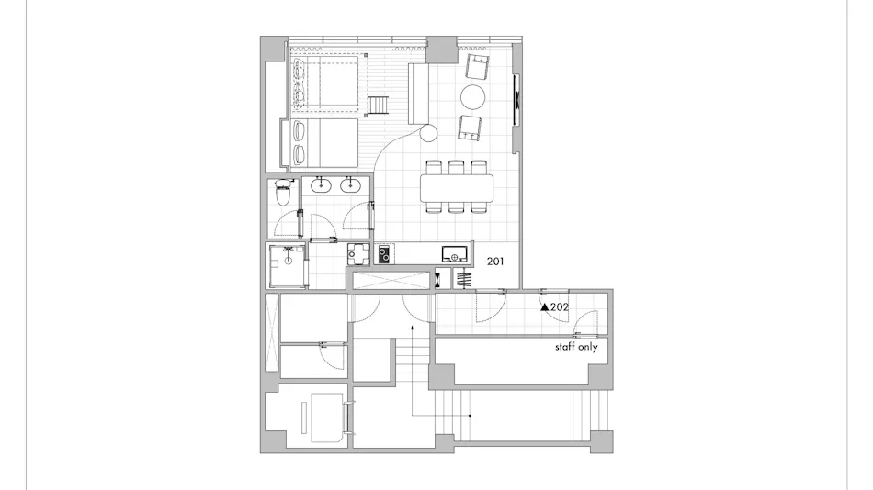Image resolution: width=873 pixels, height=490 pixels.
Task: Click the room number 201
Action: click(495, 261)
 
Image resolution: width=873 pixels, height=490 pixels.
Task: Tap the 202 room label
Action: click(560, 307)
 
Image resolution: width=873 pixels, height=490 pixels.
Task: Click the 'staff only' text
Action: click(576, 347)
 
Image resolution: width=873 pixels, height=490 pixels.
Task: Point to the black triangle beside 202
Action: click(545, 307)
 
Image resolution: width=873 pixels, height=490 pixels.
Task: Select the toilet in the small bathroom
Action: click(283, 192)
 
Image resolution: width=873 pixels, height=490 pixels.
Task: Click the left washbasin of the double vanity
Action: click(322, 184)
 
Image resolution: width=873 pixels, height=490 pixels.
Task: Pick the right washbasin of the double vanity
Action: click(350, 184)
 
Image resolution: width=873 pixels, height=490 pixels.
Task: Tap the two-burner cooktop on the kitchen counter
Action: click(384, 255)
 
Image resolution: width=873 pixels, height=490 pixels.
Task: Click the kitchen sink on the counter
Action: click(455, 255)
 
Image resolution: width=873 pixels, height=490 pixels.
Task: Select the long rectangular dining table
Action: click(457, 188)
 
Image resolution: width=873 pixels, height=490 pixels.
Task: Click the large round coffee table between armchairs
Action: click(472, 97)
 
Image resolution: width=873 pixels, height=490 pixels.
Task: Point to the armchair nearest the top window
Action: click(477, 67)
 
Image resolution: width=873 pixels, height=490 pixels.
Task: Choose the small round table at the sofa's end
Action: click(428, 133)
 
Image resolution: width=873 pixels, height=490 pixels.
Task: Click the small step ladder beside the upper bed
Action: click(377, 106)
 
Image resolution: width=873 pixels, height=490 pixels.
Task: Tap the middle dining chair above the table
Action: click(457, 167)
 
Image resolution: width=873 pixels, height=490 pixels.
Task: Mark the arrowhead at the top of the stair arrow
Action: click(412, 329)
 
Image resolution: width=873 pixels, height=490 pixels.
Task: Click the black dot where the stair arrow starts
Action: click(470, 416)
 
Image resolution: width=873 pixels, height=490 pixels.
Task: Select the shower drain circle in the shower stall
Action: click(289, 259)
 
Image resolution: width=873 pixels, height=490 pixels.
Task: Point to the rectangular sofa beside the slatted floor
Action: click(417, 94)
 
